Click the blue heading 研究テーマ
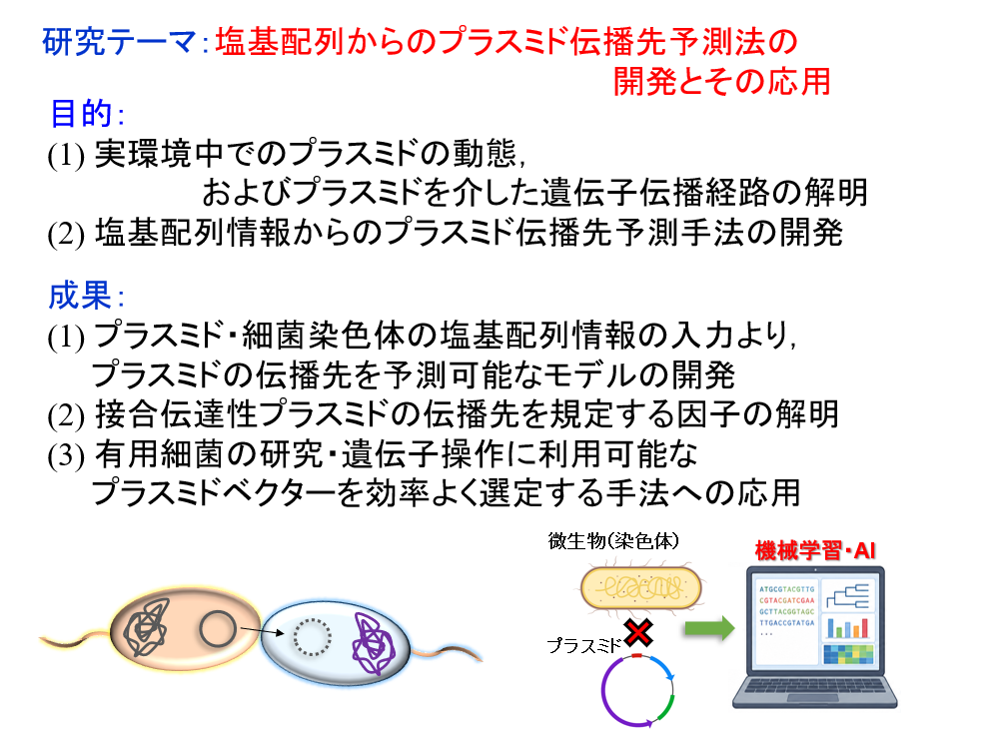(119, 43)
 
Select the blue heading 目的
(81, 113)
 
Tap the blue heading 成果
(80, 295)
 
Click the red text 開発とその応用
(721, 82)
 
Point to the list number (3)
(66, 455)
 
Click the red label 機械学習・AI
(815, 551)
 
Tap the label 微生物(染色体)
(613, 541)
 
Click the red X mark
(638, 632)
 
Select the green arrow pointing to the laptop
(709, 627)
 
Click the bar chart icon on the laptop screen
(847, 627)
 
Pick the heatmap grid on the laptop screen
(848, 654)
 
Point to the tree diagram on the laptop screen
(847, 596)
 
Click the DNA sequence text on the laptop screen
(786, 606)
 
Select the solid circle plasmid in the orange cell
(218, 628)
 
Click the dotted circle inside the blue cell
(312, 637)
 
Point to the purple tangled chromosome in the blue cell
(374, 643)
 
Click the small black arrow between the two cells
(262, 631)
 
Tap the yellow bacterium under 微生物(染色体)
(641, 588)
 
